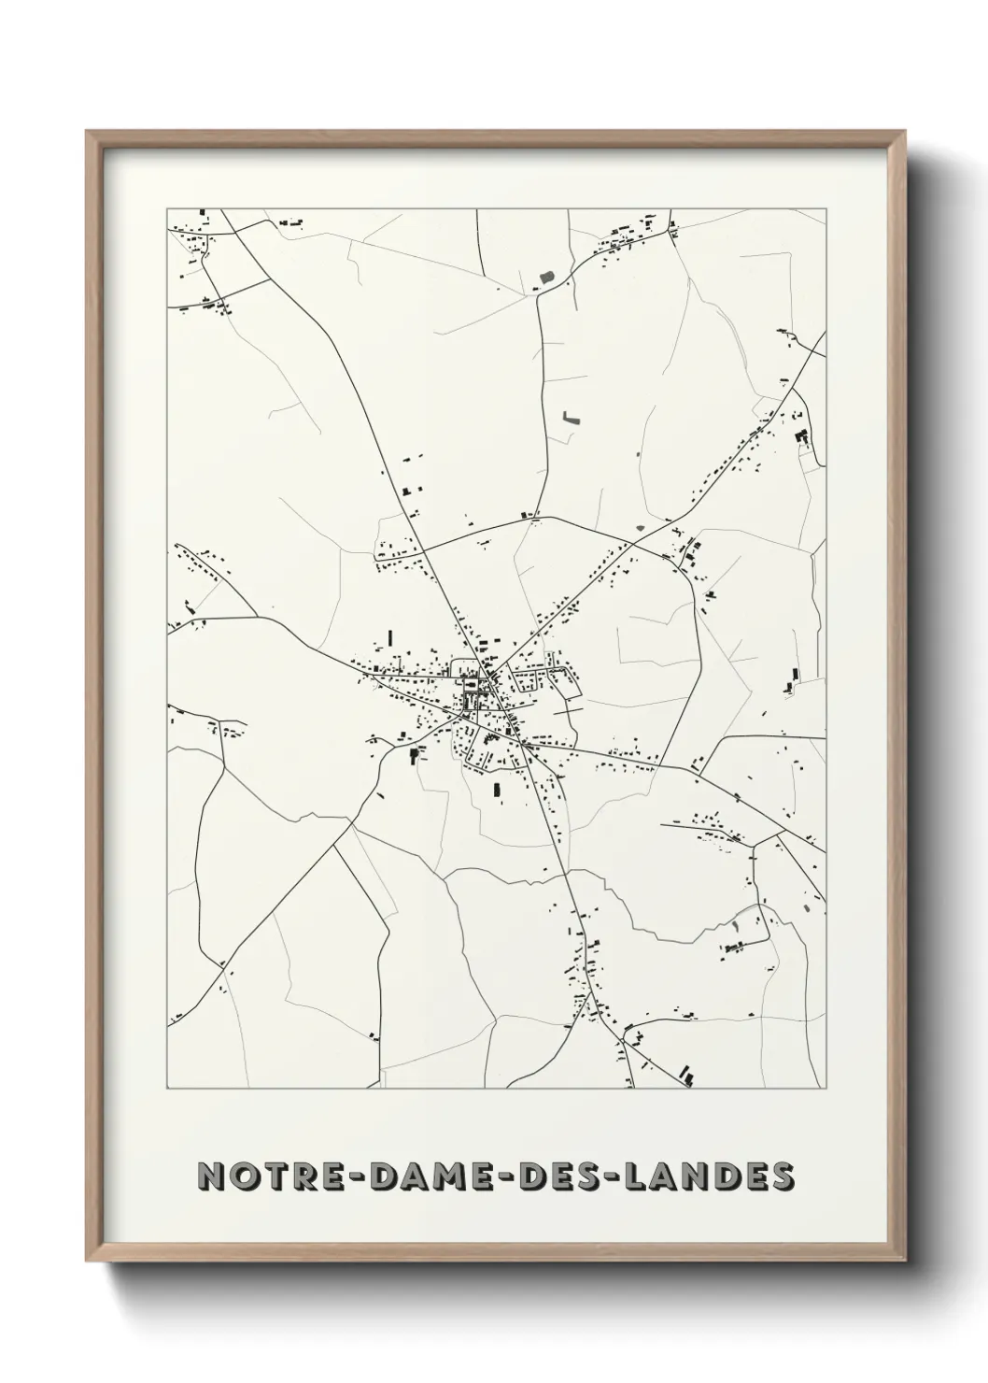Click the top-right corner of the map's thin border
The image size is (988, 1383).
pyautogui.click(x=826, y=208)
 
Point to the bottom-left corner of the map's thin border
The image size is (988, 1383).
pyautogui.click(x=167, y=1089)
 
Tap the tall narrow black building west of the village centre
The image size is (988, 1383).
pyautogui.click(x=390, y=638)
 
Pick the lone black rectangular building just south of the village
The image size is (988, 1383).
pyautogui.click(x=498, y=791)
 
